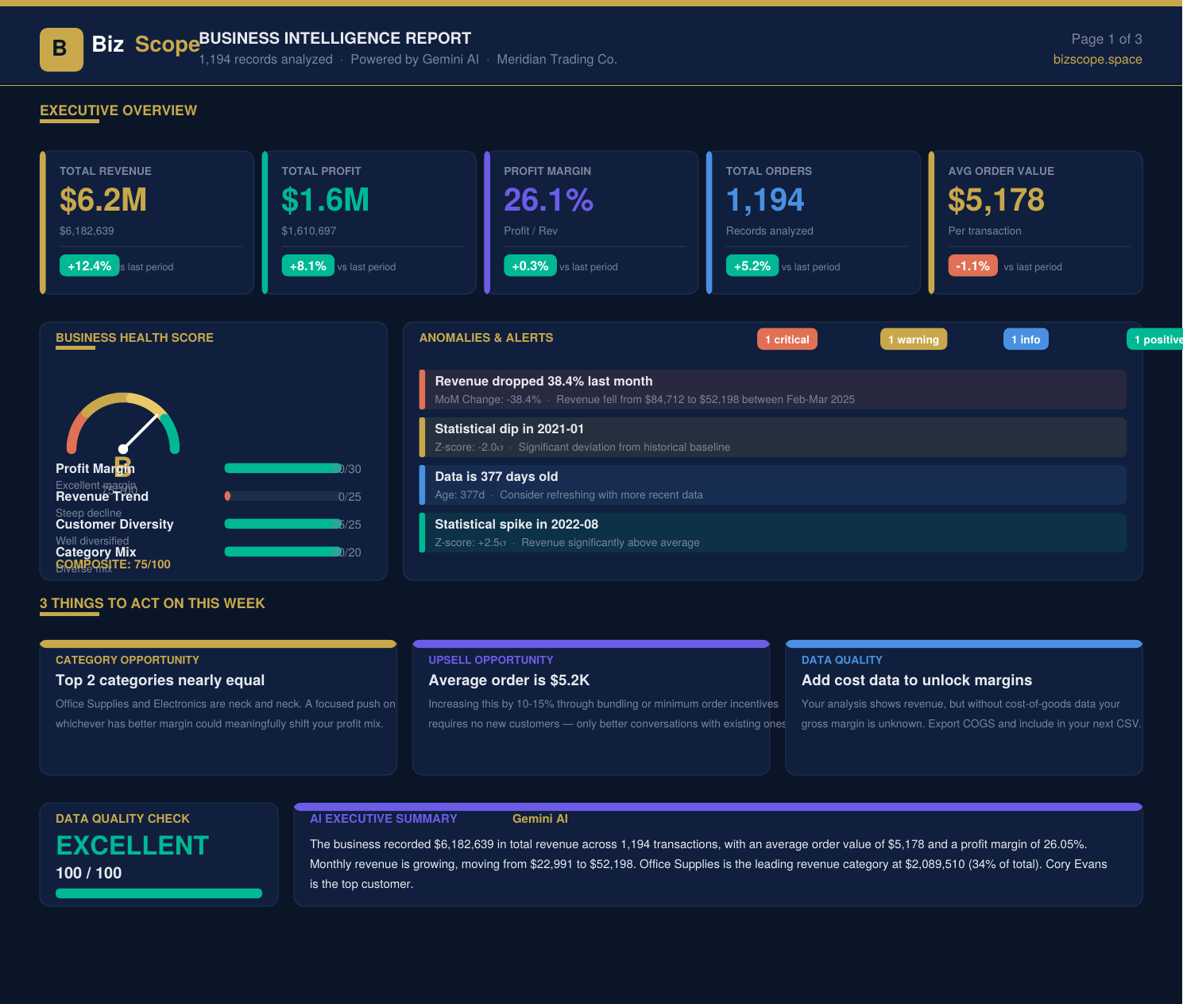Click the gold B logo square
tap(61, 49)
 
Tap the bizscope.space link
tap(1097, 60)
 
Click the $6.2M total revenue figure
tap(103, 200)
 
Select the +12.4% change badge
tap(89, 266)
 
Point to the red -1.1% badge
tap(972, 266)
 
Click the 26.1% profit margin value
tap(548, 200)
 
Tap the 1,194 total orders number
tap(764, 200)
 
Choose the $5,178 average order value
tap(995, 200)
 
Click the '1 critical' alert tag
tap(787, 339)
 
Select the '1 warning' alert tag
tap(913, 339)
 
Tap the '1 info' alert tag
tap(1025, 339)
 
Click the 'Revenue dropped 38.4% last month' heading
tap(543, 382)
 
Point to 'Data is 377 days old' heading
tap(496, 477)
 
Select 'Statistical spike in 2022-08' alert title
tap(516, 525)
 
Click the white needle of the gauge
tap(141, 432)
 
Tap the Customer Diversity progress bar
tap(283, 524)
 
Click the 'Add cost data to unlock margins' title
tap(916, 680)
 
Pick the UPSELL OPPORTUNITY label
tap(490, 660)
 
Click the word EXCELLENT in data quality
tap(132, 846)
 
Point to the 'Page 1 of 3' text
tap(1106, 39)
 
